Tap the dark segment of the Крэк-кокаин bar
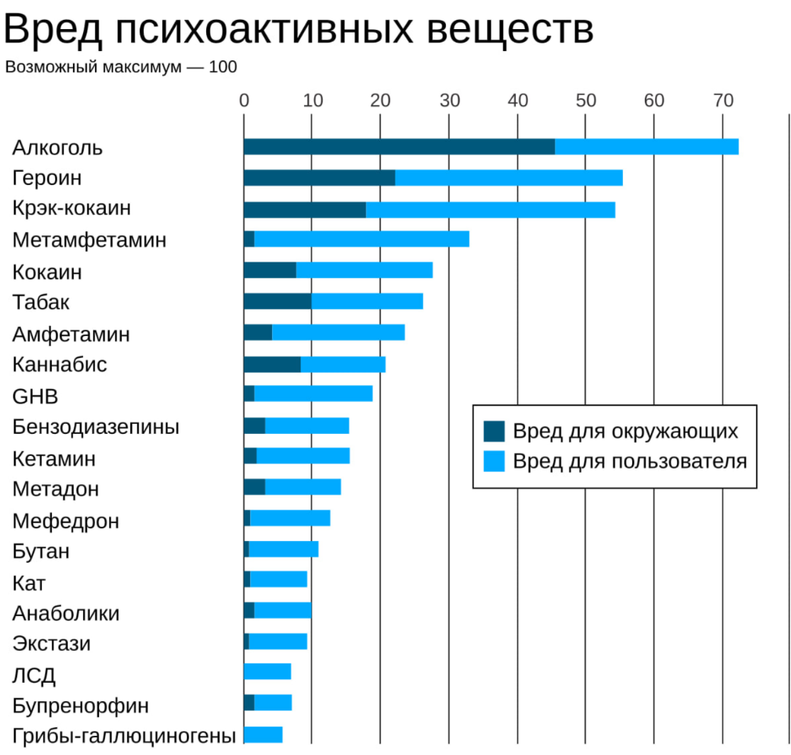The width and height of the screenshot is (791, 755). point(304,209)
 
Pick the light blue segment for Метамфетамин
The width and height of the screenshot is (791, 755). point(361,240)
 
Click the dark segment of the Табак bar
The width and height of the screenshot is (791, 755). point(277,301)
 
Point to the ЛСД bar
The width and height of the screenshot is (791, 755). point(267,671)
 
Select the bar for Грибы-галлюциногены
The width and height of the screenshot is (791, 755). point(263,734)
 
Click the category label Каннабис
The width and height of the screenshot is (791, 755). point(60,365)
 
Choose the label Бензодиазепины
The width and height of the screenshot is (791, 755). point(96,427)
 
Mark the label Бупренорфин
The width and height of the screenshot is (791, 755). point(81,706)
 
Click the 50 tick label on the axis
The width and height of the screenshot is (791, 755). point(585,100)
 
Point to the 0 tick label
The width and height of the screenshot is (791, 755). point(244,100)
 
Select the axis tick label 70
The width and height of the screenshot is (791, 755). point(722,100)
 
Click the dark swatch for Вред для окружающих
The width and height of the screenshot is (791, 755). point(494,431)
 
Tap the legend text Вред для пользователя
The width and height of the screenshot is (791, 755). point(630,462)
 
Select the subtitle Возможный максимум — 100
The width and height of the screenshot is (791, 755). point(121,68)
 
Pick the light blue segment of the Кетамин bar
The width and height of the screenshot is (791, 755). point(303,456)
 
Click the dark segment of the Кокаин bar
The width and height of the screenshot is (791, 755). point(269,270)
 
